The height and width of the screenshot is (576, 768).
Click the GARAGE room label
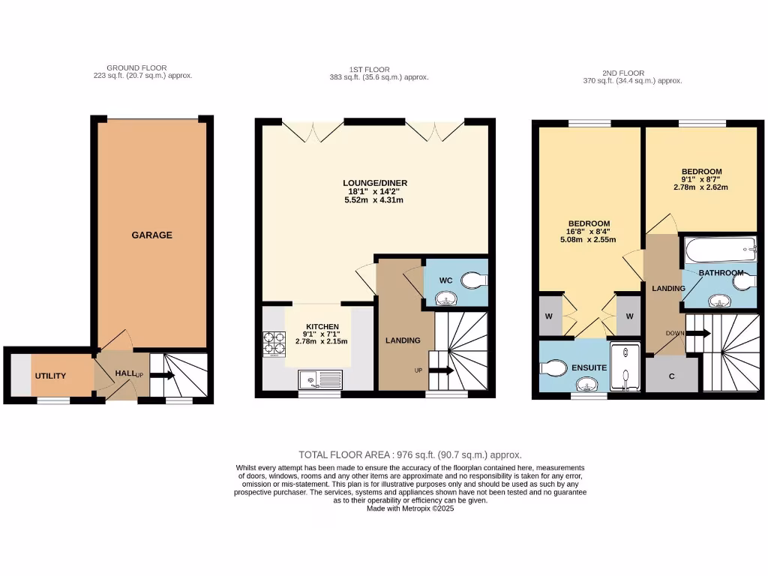coord(151,235)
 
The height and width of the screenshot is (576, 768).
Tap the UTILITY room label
coord(50,376)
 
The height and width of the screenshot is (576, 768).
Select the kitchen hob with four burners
coord(273,343)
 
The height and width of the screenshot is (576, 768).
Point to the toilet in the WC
coord(473,280)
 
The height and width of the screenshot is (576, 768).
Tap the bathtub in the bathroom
coord(719,247)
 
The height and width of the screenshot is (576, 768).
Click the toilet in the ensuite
coord(552,368)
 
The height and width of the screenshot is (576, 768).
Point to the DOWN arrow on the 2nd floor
coord(697,332)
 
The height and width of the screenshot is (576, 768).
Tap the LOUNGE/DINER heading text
coord(375,182)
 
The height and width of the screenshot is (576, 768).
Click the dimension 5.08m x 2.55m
coord(588,240)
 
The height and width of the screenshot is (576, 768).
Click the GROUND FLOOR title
coord(136,67)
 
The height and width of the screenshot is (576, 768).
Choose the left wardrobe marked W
coord(548,316)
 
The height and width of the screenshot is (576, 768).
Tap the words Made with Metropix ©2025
coord(410,508)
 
